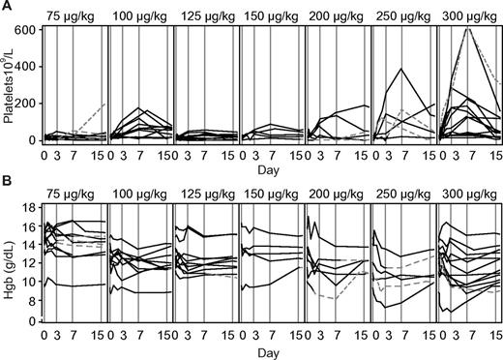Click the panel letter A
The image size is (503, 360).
click(x=7, y=7)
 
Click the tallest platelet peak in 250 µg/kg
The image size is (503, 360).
click(x=401, y=69)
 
